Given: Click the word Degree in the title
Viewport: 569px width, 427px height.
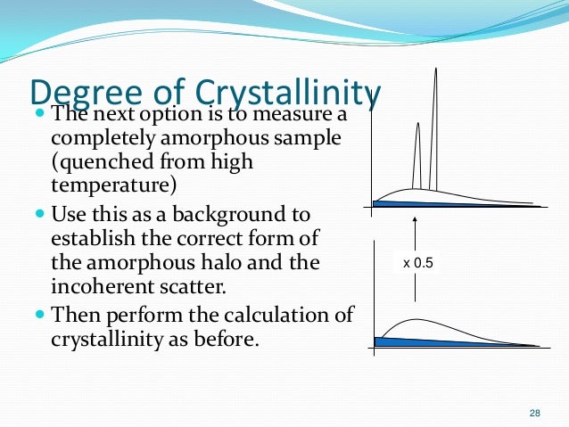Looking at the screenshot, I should [x=81, y=93].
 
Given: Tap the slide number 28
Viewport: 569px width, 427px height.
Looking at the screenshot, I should [x=535, y=413].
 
